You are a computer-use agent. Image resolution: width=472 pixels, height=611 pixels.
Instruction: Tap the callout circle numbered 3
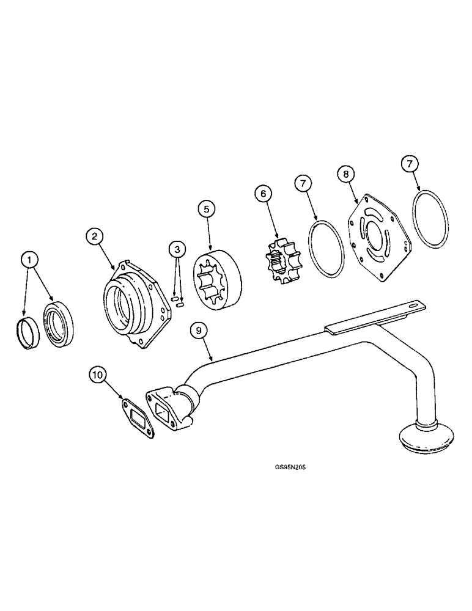tap(177, 249)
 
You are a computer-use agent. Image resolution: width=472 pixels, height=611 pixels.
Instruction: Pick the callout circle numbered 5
tap(206, 210)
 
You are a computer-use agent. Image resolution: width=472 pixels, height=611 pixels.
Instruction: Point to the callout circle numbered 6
tap(264, 194)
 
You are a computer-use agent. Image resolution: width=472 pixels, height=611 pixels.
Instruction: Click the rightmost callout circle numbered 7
tap(410, 164)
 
